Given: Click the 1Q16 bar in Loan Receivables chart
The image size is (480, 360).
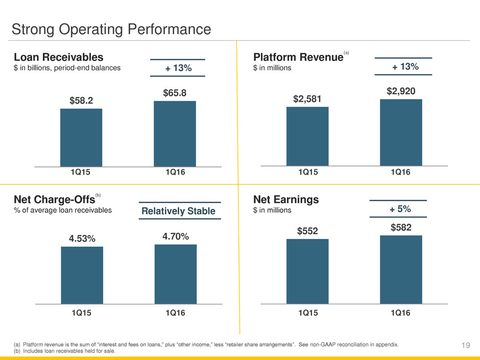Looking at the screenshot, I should tap(175, 133).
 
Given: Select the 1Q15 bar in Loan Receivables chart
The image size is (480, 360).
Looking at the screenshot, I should tap(81, 137).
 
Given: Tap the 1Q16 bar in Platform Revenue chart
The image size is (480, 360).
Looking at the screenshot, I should tap(401, 132).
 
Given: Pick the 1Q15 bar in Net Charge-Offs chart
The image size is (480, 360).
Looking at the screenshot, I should tap(82, 275).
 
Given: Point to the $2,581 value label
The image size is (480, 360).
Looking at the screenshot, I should tap(307, 99).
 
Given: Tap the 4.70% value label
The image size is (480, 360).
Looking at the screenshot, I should tap(176, 236).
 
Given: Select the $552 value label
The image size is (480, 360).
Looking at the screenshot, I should tap(307, 231).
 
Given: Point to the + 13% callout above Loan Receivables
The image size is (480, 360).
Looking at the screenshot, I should tap(177, 68).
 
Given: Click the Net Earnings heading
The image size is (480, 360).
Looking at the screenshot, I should tap(286, 200).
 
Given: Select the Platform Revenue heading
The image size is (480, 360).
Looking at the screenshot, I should tap(298, 57).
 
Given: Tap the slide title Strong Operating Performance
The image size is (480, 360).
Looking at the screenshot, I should tap(111, 29).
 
